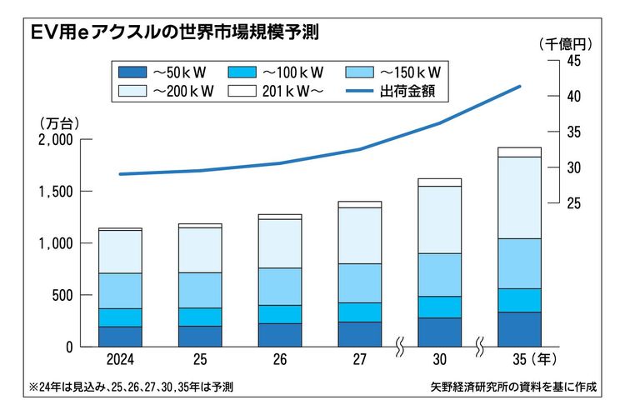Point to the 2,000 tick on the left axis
(x=56, y=140)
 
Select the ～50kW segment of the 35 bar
(x=520, y=329)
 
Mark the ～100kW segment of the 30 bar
(x=440, y=307)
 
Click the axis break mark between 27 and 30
(x=400, y=345)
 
